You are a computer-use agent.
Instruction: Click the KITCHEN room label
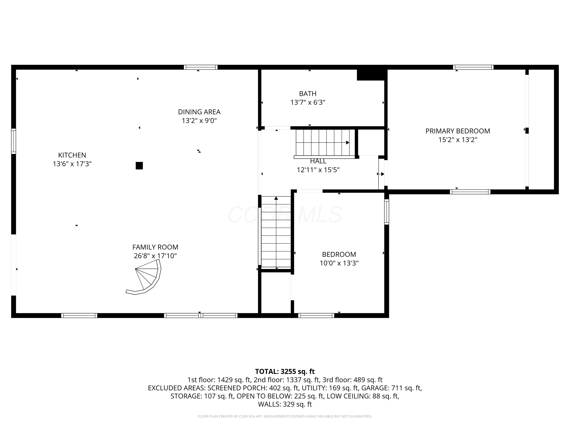point(72,155)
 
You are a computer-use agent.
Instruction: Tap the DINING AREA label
point(199,112)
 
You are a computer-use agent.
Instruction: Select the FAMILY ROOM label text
point(155,247)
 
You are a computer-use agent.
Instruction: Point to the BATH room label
point(308,94)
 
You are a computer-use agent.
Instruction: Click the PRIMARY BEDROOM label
point(458,131)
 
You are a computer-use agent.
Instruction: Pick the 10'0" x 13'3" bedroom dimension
point(339,263)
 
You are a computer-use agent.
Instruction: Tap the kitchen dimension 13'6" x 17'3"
point(72,164)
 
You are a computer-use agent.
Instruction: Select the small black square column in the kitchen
point(139,166)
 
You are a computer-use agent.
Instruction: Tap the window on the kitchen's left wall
point(13,141)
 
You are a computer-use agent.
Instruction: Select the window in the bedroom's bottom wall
point(316,315)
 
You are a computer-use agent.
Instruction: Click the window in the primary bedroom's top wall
point(473,67)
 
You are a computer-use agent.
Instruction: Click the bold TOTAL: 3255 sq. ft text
point(285,372)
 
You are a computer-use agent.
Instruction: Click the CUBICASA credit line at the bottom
point(285,416)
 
